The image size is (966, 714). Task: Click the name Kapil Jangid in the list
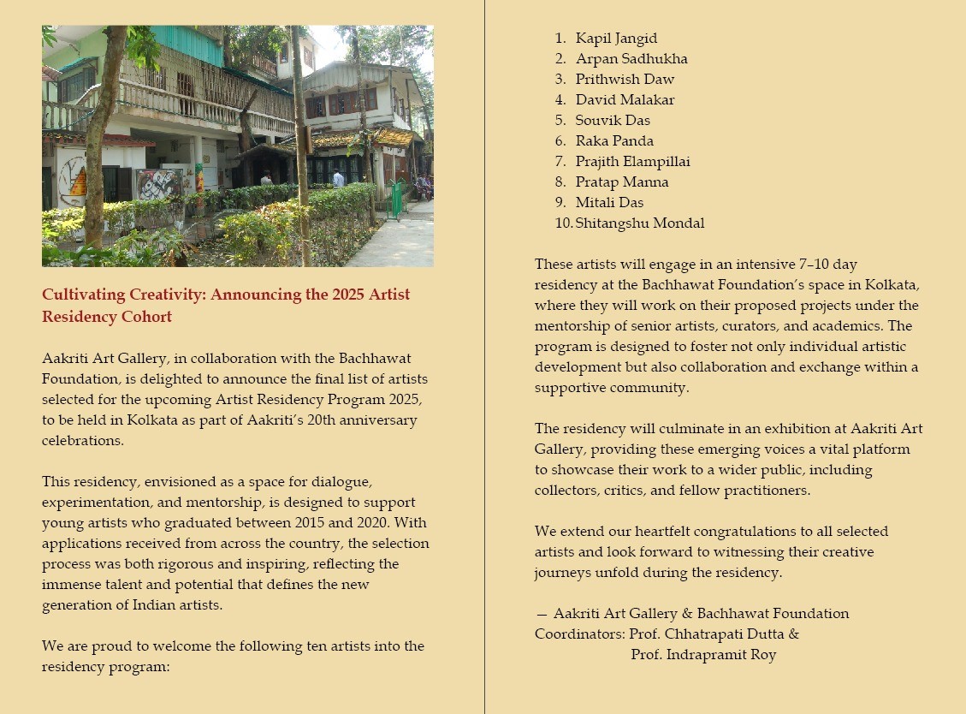[x=616, y=39]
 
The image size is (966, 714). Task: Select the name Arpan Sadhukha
[x=631, y=59]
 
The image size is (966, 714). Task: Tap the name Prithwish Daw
[x=625, y=80]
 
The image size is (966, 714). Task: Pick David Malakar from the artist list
[x=625, y=100]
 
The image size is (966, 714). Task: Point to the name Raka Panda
[x=614, y=141]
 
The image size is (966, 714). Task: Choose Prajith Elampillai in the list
[x=632, y=162]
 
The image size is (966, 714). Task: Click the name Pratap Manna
[x=622, y=182]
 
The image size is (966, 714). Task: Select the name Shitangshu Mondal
[x=640, y=223]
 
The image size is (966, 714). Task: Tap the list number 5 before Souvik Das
[x=560, y=121]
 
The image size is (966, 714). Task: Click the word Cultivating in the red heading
[x=84, y=295]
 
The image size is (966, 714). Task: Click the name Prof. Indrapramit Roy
[x=703, y=655]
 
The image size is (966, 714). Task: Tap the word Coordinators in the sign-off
[x=578, y=634]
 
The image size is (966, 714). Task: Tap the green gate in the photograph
[x=396, y=199]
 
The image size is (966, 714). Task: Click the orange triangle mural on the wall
[x=78, y=182]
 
